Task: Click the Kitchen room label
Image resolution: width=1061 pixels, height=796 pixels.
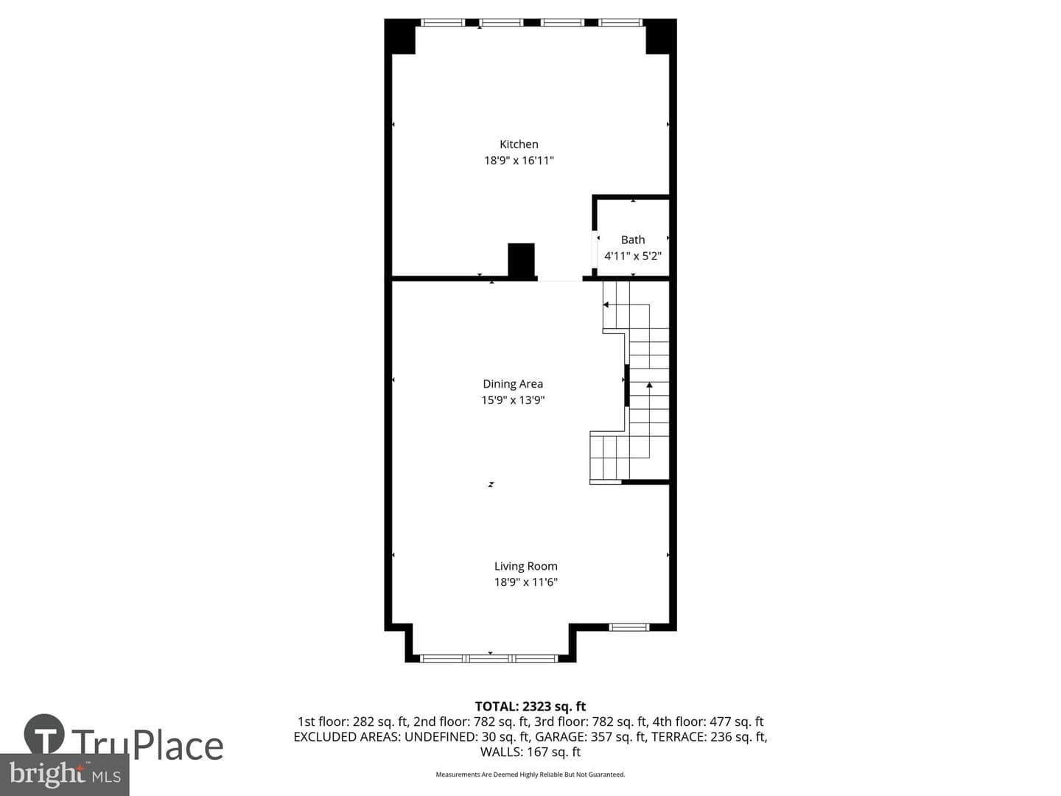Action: [x=519, y=144]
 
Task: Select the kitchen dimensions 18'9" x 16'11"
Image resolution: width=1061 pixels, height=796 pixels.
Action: [x=519, y=161]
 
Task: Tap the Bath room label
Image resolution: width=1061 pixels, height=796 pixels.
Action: [x=633, y=240]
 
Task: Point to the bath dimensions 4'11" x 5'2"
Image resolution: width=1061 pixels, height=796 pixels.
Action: [x=633, y=256]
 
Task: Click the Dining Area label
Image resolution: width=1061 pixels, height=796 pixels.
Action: [x=513, y=384]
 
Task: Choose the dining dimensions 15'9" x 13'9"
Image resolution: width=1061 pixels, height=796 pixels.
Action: [x=513, y=400]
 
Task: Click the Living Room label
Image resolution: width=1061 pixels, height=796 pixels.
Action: [x=525, y=566]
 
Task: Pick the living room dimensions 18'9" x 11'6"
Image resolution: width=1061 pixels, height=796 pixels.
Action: [x=525, y=582]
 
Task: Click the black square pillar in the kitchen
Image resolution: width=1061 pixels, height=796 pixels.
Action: [x=521, y=260]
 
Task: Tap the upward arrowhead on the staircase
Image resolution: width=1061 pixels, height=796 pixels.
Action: [x=649, y=385]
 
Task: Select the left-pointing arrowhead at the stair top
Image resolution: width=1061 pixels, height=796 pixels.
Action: [x=606, y=304]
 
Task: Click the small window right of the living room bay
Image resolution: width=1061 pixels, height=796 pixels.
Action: [x=628, y=626]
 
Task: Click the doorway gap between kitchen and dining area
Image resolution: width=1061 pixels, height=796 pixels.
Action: [x=560, y=279]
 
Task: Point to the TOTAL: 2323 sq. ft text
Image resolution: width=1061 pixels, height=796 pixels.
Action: [x=530, y=706]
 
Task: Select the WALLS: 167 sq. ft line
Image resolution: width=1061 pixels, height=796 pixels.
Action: [x=530, y=752]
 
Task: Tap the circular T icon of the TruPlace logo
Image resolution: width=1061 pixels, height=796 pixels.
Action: [x=44, y=733]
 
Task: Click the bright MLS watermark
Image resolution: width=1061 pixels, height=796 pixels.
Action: [x=65, y=775]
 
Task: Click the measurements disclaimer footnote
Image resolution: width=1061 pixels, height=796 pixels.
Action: [x=530, y=775]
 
